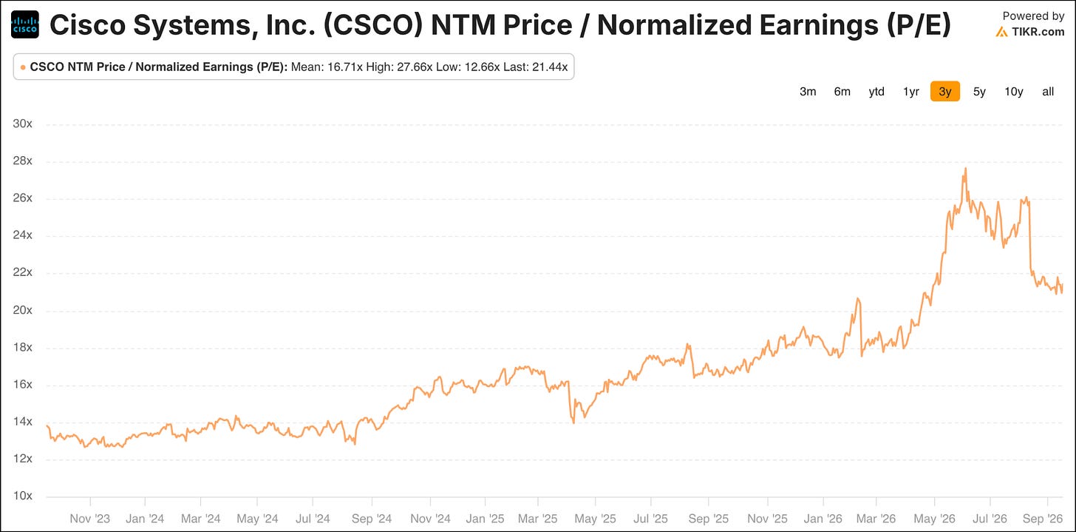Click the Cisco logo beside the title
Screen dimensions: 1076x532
click(x=25, y=24)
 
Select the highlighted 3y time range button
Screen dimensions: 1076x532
click(x=945, y=92)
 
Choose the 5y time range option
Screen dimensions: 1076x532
click(x=979, y=92)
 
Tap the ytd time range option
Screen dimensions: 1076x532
click(x=876, y=92)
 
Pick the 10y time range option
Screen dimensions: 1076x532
click(x=1014, y=92)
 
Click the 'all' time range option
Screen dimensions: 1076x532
click(x=1048, y=92)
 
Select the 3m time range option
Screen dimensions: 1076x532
click(x=808, y=92)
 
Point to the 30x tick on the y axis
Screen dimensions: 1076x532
click(x=23, y=124)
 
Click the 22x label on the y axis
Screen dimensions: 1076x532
click(x=23, y=272)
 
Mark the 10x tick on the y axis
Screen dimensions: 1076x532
click(x=23, y=496)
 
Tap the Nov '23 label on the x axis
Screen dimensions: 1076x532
click(x=90, y=519)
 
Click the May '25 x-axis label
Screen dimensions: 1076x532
click(x=595, y=519)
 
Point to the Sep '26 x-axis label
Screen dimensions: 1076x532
click(x=1042, y=519)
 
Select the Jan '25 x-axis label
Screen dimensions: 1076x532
click(x=485, y=519)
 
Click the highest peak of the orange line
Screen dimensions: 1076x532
click(x=965, y=169)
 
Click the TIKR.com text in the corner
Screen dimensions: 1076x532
click(x=1038, y=32)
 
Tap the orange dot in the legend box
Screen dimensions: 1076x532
click(x=23, y=68)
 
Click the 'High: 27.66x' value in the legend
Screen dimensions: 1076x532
click(x=399, y=67)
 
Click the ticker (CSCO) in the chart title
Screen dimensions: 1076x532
click(x=373, y=25)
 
